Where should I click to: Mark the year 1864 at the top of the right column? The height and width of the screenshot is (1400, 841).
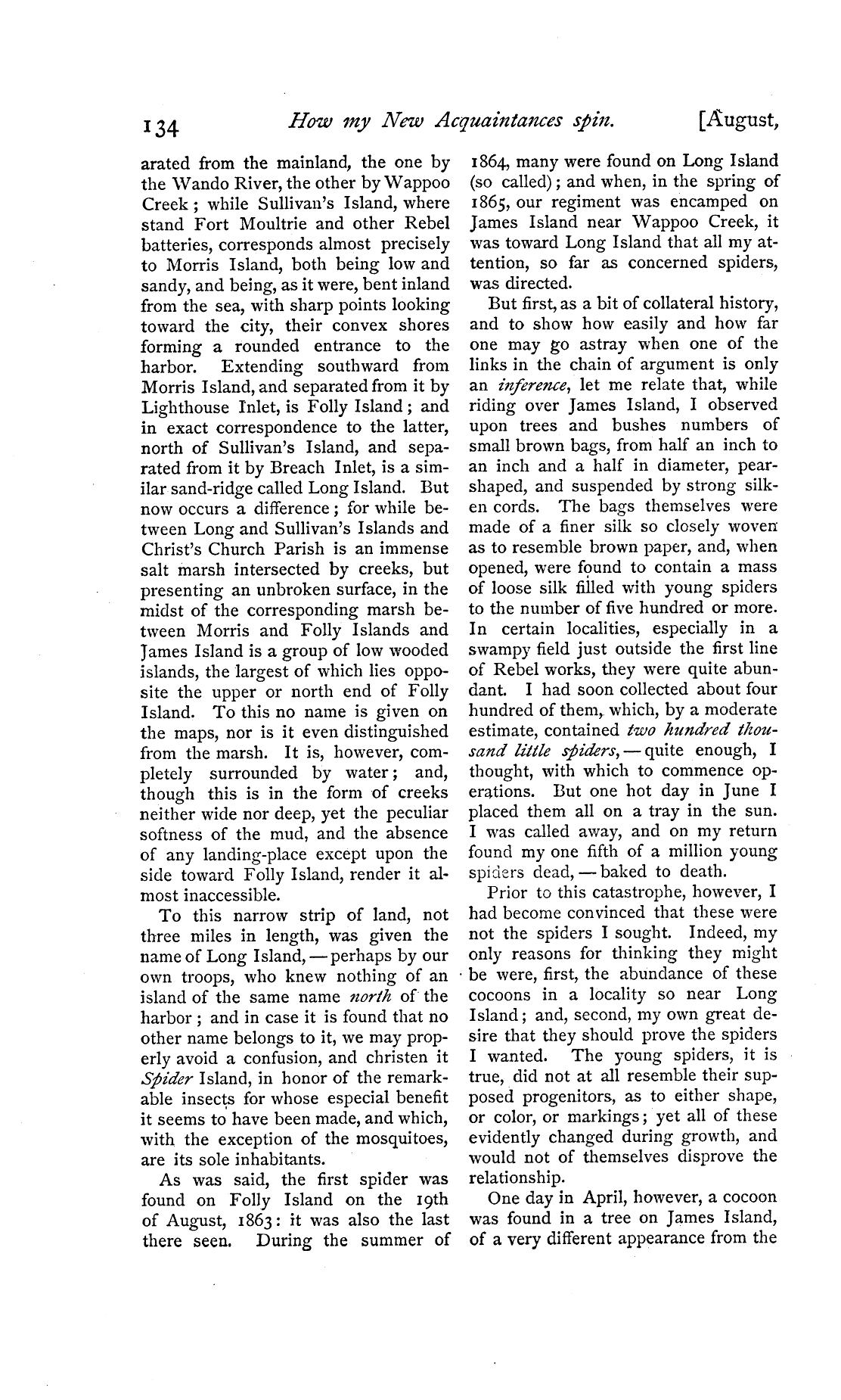489,161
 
